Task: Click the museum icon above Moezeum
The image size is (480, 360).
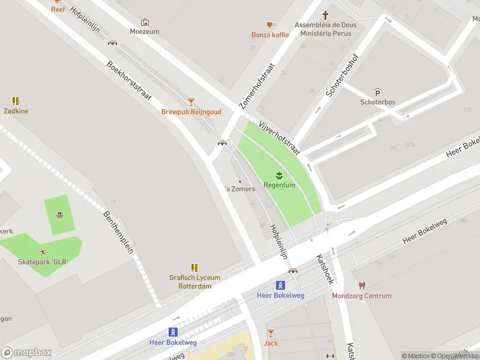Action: coord(144,22)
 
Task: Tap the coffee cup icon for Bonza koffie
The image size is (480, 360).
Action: coord(270,25)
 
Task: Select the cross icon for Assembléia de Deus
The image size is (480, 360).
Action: coord(326,14)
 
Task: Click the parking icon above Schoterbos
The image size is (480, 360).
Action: coord(377,92)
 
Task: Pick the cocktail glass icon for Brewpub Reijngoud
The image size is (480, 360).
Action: coord(191,102)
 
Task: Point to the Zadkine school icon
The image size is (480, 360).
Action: coord(16,101)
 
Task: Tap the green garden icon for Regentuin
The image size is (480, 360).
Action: coord(279,175)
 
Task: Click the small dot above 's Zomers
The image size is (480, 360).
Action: coord(240,181)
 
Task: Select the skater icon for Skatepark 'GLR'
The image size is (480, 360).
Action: coord(42,252)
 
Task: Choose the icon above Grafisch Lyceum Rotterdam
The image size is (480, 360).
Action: coord(194,268)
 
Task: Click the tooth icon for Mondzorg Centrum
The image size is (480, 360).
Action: coord(362,286)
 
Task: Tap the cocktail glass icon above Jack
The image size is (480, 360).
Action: coord(271,333)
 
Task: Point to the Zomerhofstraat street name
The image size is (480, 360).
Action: coord(256,86)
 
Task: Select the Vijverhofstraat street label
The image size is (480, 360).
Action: coord(279,137)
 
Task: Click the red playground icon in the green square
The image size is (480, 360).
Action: coord(60,215)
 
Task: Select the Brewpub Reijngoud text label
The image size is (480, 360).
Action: coord(191,112)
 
